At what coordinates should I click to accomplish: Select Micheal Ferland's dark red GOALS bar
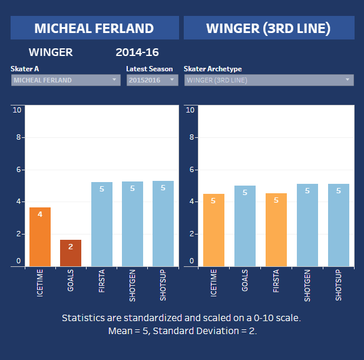click(71, 253)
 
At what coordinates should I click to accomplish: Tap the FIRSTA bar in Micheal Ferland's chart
click(101, 224)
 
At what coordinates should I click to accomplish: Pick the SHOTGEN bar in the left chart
click(132, 224)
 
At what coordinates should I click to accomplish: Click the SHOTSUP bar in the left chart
click(163, 224)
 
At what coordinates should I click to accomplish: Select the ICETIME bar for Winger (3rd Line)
click(213, 230)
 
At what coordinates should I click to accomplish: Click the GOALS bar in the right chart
click(244, 226)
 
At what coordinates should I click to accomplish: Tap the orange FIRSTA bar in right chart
click(276, 230)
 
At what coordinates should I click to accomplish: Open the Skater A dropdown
click(65, 80)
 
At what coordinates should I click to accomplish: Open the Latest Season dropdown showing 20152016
click(152, 80)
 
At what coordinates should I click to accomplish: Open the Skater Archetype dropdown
click(269, 80)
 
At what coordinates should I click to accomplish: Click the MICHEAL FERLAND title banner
click(94, 28)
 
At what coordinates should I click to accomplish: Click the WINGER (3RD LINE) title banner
click(269, 28)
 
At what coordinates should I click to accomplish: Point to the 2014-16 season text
click(137, 52)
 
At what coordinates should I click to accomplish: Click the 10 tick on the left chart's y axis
click(17, 110)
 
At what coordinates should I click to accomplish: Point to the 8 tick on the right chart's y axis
click(190, 137)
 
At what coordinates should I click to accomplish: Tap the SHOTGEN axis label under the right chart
click(307, 286)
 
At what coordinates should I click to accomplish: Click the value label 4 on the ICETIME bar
click(40, 214)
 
